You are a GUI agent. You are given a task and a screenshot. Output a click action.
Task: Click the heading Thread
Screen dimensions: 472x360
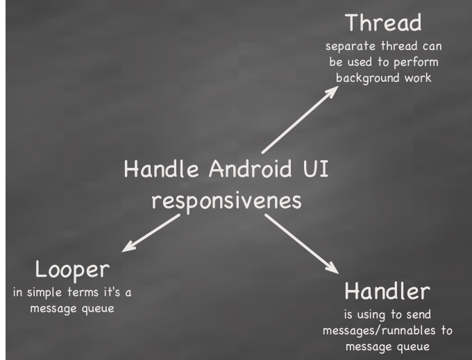point(383,24)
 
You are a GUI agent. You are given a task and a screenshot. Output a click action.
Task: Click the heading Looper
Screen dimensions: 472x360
point(72,268)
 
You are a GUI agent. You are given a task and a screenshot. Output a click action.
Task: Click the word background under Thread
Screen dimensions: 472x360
point(366,78)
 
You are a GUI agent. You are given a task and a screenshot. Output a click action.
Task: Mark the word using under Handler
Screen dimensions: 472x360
point(376,314)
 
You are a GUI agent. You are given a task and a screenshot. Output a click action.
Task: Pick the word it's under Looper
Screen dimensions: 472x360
point(114,292)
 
